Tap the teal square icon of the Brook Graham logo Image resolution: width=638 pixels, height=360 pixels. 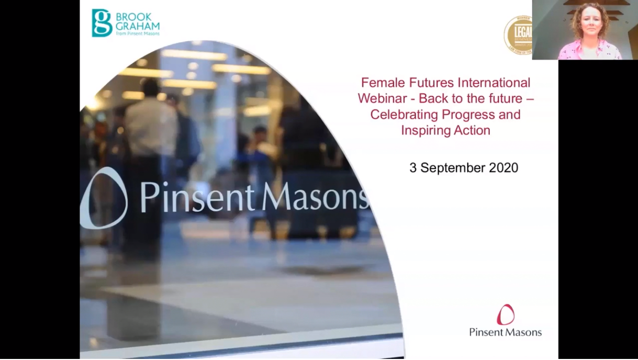102,22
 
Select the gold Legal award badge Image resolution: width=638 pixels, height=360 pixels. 519,35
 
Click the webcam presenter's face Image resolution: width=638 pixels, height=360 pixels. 590,23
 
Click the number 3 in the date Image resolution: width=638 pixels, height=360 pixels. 413,167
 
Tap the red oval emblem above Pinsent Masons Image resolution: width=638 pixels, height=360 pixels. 506,315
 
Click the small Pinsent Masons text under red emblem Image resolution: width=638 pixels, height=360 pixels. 505,332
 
